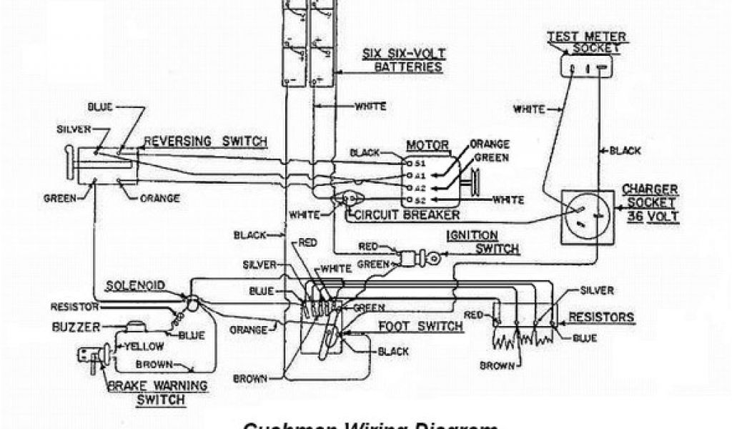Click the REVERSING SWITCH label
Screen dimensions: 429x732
(x=205, y=142)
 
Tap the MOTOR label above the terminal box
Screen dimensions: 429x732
(x=427, y=145)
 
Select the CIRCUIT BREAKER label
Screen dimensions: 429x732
(x=403, y=214)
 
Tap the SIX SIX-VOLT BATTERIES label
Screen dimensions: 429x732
(x=408, y=60)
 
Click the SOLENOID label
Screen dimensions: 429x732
(x=136, y=285)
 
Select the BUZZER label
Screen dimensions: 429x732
(x=91, y=328)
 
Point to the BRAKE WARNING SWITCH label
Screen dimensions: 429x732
(x=157, y=392)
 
